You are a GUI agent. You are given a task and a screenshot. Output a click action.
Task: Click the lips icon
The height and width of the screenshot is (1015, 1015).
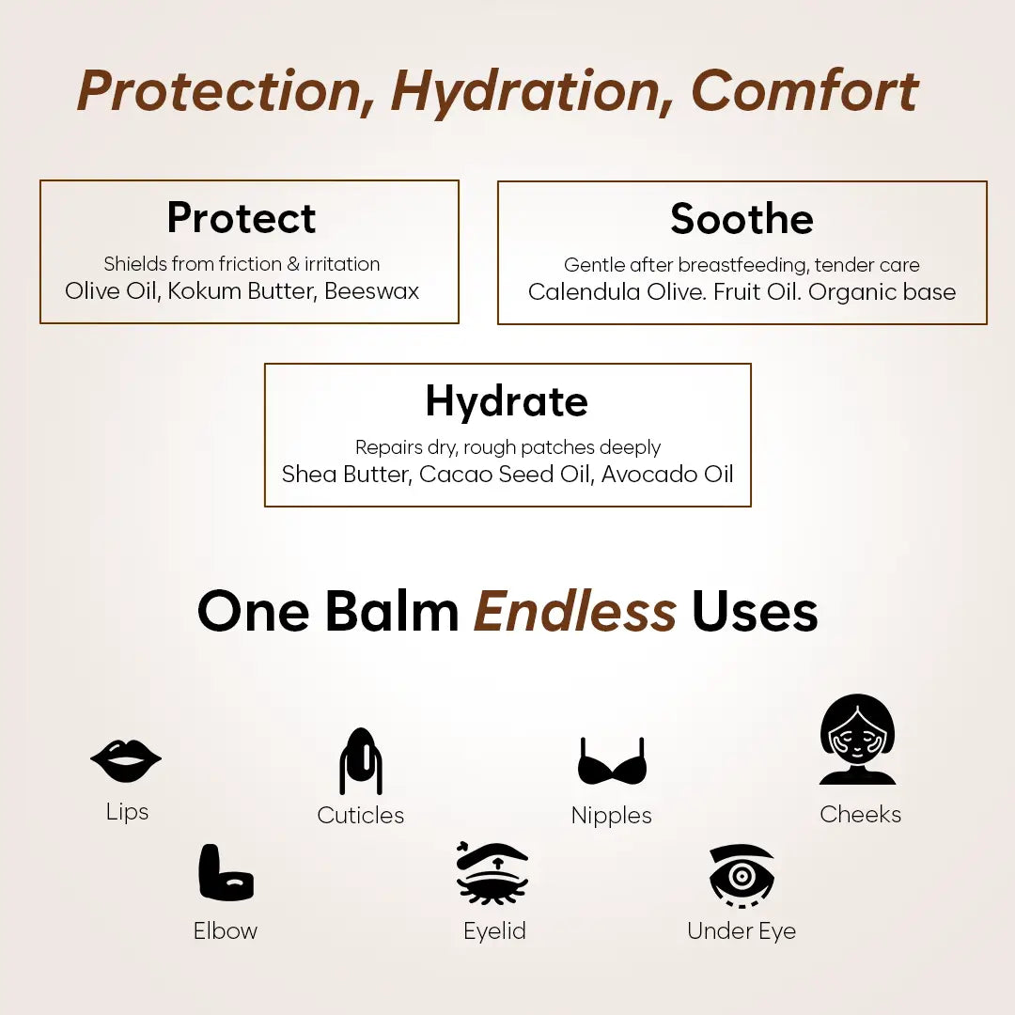point(126,761)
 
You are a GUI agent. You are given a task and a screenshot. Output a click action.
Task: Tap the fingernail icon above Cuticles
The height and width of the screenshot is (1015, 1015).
point(361,761)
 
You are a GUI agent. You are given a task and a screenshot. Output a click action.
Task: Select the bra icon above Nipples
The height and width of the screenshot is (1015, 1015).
point(612,762)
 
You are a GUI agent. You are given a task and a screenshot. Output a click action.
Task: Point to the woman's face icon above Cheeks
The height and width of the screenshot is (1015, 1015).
point(857,741)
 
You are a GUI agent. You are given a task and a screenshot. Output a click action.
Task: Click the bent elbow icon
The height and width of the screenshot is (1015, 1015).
point(226,873)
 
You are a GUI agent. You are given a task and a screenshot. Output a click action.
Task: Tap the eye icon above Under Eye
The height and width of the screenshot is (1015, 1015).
point(742,875)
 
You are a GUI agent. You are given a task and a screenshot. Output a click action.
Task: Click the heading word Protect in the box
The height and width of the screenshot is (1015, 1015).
point(242,218)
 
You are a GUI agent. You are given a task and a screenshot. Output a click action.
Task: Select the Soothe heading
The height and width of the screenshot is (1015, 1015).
point(742,219)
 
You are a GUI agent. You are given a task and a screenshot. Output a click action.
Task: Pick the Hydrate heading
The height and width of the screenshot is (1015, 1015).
point(507,401)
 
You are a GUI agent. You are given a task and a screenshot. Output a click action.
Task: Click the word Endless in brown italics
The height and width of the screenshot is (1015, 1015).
point(575,612)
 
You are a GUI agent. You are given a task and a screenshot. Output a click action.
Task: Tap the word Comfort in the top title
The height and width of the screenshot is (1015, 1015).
point(804,91)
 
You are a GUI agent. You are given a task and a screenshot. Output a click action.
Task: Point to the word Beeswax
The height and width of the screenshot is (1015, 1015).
point(372,291)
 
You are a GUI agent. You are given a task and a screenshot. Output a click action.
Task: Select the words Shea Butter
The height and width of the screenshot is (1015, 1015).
point(345,474)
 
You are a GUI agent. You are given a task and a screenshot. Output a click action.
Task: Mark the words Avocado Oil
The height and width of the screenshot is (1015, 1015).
point(667,474)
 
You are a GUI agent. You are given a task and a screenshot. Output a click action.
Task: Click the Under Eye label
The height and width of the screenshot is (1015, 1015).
point(742,931)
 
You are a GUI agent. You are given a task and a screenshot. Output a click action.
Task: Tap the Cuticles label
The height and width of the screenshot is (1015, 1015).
point(361,815)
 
